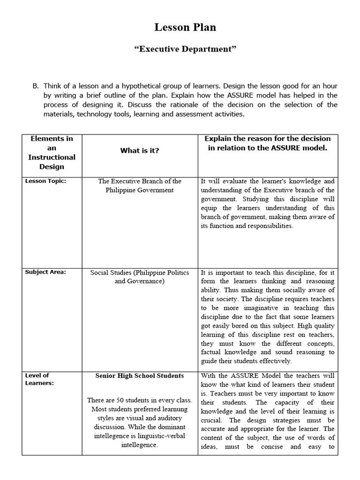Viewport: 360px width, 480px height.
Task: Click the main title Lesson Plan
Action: tap(185, 28)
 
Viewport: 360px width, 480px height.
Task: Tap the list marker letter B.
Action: tap(35, 86)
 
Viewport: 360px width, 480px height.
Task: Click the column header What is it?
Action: tap(140, 150)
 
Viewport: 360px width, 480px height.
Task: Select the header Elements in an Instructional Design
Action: tap(52, 152)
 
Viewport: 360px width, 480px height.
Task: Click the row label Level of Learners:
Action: tap(37, 379)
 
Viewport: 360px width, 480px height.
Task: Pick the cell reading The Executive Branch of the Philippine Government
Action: tap(140, 186)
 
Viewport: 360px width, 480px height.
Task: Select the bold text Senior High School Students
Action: tap(140, 376)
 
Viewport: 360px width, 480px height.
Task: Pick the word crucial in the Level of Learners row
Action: tap(213, 420)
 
